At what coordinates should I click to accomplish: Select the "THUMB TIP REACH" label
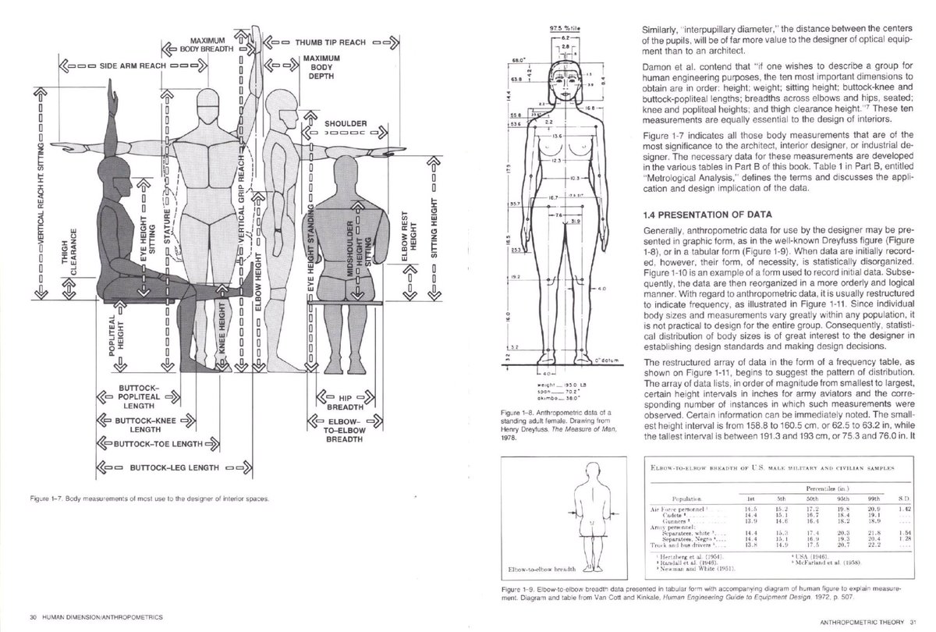335,41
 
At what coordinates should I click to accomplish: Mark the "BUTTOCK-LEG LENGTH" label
167,470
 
